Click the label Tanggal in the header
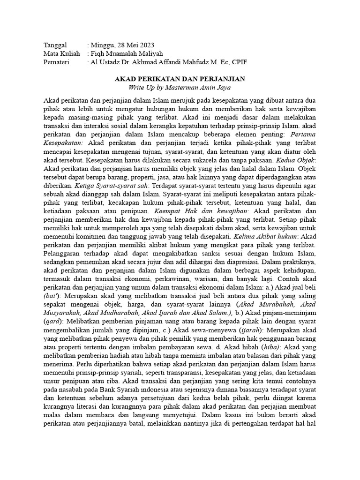pos(55,45)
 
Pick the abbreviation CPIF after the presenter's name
pos(238,62)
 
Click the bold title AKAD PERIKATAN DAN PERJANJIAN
pos(180,79)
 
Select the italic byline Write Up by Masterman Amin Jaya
pos(180,88)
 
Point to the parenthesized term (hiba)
pos(270,347)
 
